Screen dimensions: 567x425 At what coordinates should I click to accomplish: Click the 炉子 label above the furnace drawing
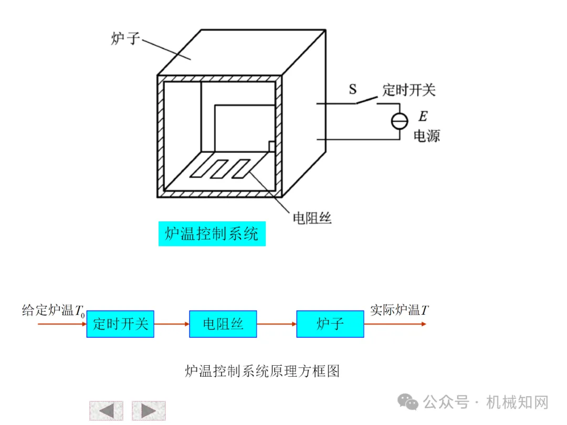point(124,39)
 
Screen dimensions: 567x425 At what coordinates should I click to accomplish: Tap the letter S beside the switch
point(353,90)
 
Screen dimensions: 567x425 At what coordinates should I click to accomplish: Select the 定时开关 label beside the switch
point(409,90)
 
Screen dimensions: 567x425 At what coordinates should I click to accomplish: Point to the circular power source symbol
point(400,121)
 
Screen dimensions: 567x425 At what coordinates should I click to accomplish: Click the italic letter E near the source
point(423,116)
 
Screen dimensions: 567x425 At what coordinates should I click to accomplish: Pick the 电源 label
point(426,136)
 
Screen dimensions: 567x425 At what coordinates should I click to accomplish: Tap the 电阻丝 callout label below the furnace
point(312,218)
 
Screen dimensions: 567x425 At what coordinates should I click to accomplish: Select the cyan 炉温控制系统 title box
point(212,233)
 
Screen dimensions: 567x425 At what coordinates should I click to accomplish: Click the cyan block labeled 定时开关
point(120,324)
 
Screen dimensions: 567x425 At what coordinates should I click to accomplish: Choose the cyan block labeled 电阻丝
point(223,324)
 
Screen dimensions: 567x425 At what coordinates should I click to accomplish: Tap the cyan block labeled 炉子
point(330,324)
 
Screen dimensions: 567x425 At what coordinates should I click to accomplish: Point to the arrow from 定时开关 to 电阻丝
point(171,324)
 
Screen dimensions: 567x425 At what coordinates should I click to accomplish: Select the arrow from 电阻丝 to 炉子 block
point(276,324)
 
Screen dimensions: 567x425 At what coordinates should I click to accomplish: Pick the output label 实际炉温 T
point(399,310)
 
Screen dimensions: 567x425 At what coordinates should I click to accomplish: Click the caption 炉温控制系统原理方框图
point(262,371)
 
